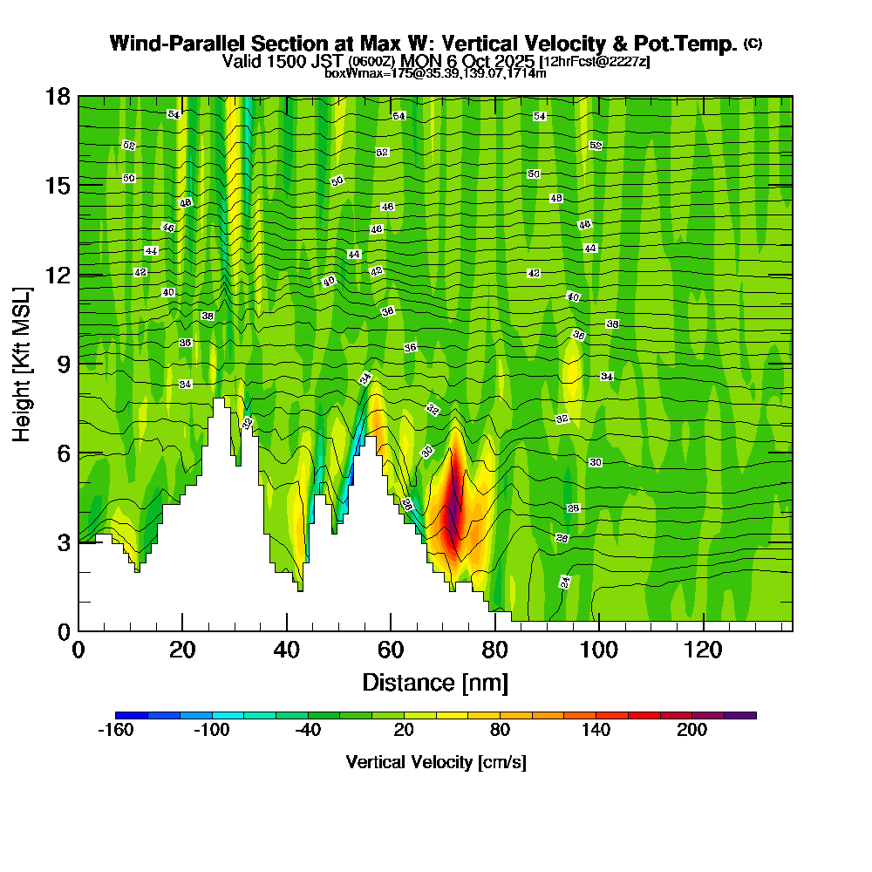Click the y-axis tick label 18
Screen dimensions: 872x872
coord(58,96)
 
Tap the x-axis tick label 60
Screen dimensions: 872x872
coord(390,651)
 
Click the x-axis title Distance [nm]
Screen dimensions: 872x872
coord(435,682)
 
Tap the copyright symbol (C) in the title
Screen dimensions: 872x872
coord(753,44)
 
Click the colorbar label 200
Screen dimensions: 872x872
coord(692,731)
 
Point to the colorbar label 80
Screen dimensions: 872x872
coord(500,731)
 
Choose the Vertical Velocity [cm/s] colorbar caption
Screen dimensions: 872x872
coord(435,762)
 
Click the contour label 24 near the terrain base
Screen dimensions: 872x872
coord(565,582)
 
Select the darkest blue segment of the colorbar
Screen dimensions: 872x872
coord(131,715)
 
